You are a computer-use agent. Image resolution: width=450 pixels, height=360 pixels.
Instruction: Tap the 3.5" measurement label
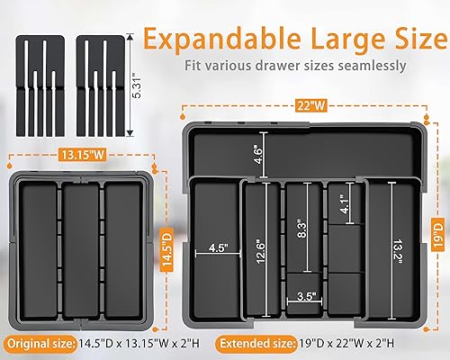(x=304, y=294)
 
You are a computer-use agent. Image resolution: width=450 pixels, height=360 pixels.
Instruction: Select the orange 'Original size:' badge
(x=37, y=342)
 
